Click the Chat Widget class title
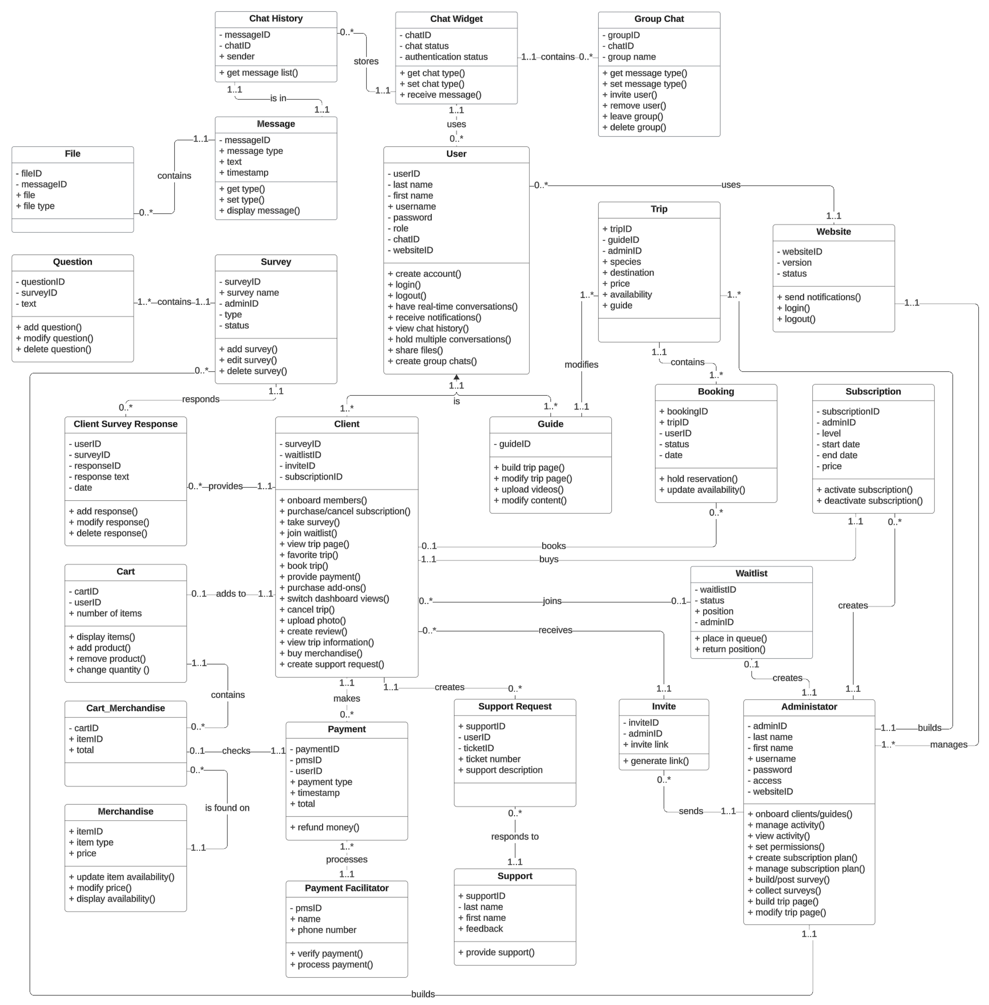(x=456, y=19)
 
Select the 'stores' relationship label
(x=366, y=61)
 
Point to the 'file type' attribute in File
(x=38, y=206)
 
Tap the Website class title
(x=833, y=232)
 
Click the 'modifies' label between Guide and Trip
(x=581, y=365)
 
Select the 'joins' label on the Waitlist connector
(x=552, y=601)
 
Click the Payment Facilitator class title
(x=346, y=888)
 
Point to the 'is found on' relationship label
(x=227, y=808)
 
